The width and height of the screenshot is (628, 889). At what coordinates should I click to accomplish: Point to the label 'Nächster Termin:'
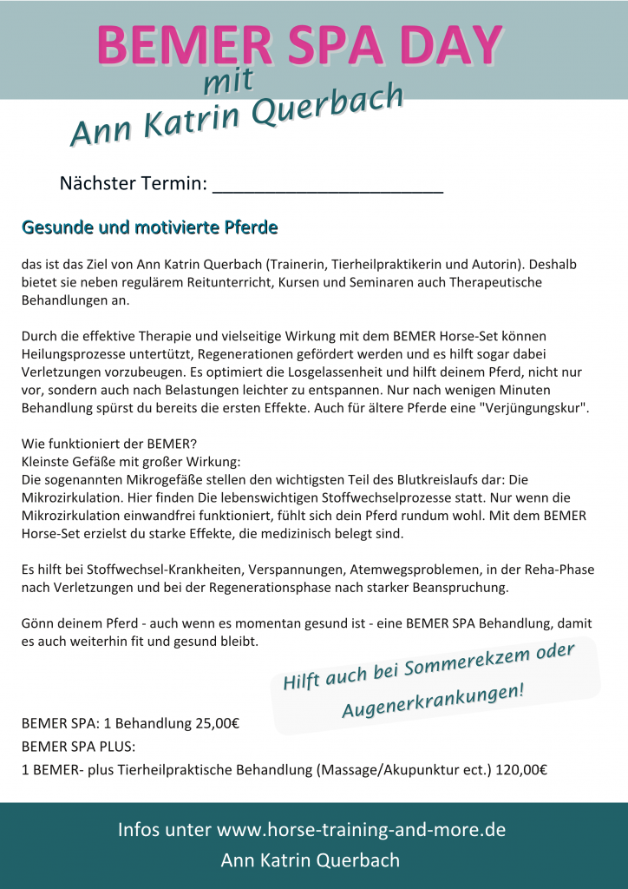pyautogui.click(x=133, y=184)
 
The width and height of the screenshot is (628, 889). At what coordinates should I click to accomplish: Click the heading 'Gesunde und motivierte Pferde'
pyautogui.click(x=150, y=228)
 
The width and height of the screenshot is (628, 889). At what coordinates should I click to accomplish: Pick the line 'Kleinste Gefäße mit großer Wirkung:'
pyautogui.click(x=131, y=461)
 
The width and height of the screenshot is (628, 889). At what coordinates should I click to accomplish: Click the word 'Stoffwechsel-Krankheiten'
pyautogui.click(x=134, y=570)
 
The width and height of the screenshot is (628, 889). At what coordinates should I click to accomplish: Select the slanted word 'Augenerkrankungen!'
pyautogui.click(x=433, y=700)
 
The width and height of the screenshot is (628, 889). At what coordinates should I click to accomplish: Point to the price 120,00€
pyautogui.click(x=520, y=769)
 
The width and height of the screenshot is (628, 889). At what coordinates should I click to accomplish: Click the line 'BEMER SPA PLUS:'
pyautogui.click(x=79, y=747)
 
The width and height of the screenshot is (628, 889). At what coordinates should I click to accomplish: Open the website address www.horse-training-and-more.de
pyautogui.click(x=361, y=829)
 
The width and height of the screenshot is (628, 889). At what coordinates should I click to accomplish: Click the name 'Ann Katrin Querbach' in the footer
pyautogui.click(x=311, y=860)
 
